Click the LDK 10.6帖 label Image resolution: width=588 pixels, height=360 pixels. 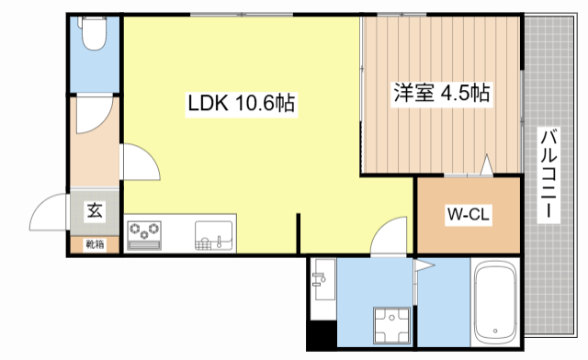(241, 104)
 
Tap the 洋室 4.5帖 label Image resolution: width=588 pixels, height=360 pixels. (441, 94)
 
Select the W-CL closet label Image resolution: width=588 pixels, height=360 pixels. (467, 216)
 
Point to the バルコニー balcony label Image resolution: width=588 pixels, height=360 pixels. (548, 174)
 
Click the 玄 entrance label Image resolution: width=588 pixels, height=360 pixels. (95, 210)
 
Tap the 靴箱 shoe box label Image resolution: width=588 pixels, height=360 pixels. (96, 243)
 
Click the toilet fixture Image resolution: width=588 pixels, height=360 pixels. (93, 36)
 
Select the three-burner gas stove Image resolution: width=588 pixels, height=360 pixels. (143, 232)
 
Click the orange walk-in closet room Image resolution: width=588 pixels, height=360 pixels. (467, 216)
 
